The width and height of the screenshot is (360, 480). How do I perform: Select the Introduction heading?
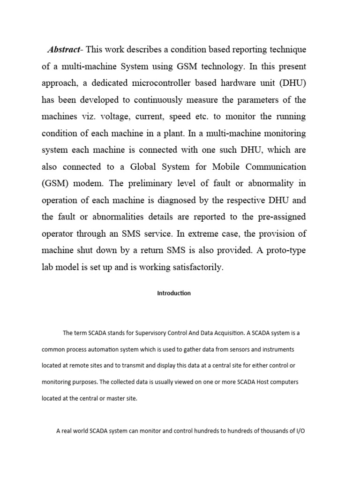click(174, 293)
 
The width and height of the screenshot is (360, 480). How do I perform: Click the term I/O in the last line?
click(299, 431)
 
